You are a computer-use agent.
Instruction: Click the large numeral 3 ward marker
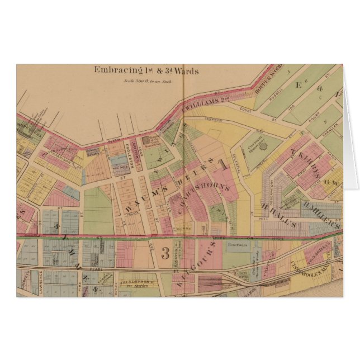coord(166,250)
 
